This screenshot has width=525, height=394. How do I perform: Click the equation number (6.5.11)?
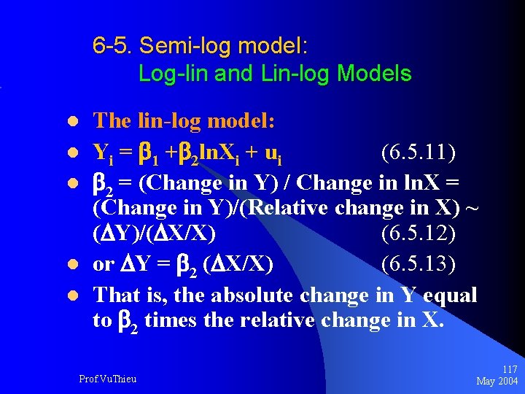click(x=418, y=153)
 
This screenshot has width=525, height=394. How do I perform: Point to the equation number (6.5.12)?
click(x=418, y=235)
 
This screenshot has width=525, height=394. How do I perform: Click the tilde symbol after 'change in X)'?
click(x=472, y=209)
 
